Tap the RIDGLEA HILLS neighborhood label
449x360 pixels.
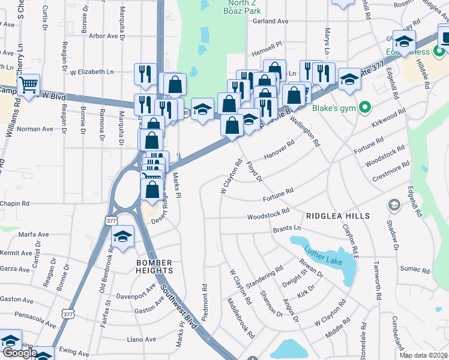coord(337,215)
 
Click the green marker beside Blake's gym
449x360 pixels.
coord(364,108)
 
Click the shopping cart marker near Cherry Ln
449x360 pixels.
coord(28,86)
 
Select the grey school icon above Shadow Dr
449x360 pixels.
coord(394,206)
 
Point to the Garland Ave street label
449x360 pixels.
coord(270,21)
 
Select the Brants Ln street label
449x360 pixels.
coord(286,229)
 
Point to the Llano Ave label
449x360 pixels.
coord(142,339)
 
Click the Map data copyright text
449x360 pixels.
coord(424,355)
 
